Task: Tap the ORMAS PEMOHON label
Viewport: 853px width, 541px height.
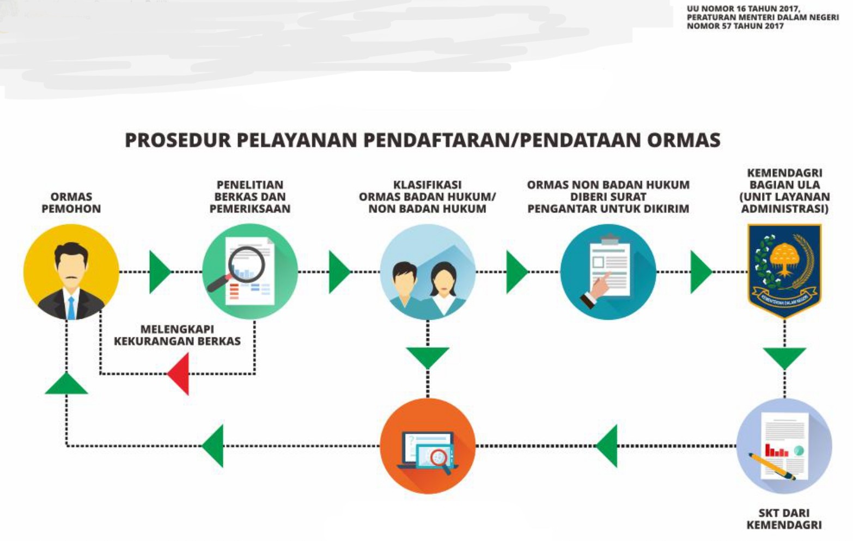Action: (x=71, y=203)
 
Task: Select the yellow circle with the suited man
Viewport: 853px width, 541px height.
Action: (x=71, y=272)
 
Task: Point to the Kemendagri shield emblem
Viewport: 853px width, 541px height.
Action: (x=784, y=270)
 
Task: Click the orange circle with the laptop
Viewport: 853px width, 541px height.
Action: (x=428, y=446)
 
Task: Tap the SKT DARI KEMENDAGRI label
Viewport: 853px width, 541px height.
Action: (x=784, y=519)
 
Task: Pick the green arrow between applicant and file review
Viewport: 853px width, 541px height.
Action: (x=160, y=272)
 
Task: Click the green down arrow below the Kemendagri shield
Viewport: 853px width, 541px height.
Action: (x=784, y=358)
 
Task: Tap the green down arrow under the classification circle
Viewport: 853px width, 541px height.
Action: (x=428, y=358)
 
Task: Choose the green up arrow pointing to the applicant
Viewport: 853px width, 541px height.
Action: (x=66, y=383)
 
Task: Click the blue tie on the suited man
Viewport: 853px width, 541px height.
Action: (x=71, y=308)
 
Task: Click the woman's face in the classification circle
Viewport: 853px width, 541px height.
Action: (x=443, y=280)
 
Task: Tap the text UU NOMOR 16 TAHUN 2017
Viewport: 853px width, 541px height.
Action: (x=744, y=8)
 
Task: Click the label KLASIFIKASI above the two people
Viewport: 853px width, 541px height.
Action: (x=427, y=185)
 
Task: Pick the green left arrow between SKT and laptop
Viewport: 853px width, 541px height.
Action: (x=606, y=446)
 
